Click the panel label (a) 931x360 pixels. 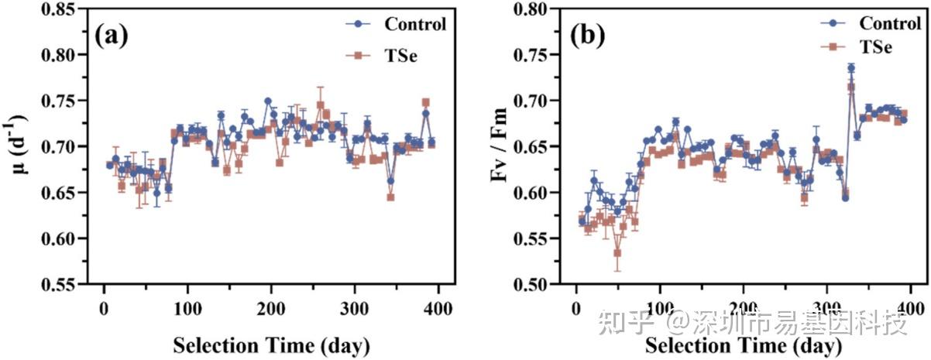111,36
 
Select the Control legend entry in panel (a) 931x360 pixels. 415,24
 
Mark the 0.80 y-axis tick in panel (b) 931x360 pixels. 534,9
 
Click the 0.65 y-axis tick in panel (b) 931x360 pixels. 534,147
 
